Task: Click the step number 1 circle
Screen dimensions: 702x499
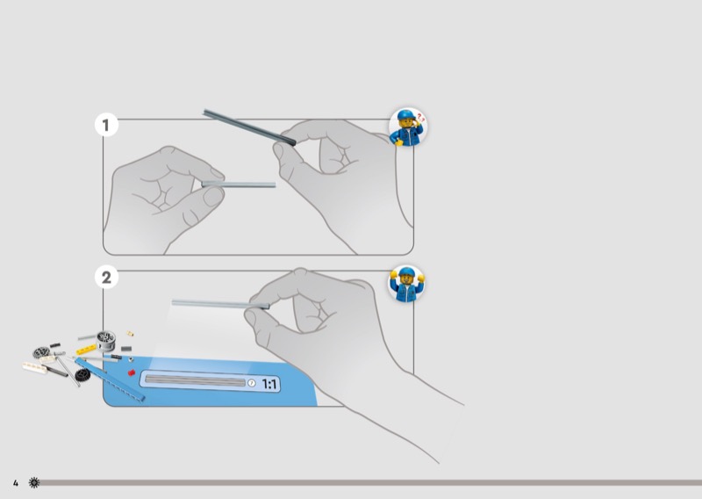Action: (x=107, y=126)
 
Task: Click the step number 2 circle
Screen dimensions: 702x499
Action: (x=107, y=278)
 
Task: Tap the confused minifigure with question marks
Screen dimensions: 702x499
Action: (x=408, y=128)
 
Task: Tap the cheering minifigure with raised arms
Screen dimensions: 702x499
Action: (x=406, y=284)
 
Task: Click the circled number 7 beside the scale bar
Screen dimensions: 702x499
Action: (x=251, y=383)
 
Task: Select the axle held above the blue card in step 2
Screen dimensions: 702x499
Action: (x=215, y=304)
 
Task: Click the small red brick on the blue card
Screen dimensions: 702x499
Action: (x=133, y=373)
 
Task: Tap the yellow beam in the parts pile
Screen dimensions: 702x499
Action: (x=87, y=350)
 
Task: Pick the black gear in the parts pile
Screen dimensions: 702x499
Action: (x=82, y=375)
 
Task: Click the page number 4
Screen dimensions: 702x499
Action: (x=16, y=483)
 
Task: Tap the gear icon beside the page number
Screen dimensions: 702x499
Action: (x=34, y=483)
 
